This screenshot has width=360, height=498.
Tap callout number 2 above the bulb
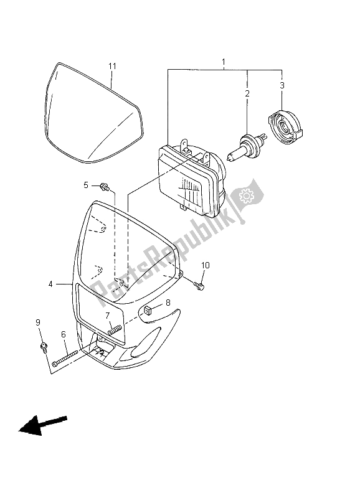247,93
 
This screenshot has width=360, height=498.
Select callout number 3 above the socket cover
282,85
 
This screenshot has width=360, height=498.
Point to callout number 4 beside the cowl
50,284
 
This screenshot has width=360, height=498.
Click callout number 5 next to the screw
87,185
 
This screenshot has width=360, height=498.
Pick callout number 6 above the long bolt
64,334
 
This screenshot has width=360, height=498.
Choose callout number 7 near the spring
107,315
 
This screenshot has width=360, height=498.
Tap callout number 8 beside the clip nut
167,303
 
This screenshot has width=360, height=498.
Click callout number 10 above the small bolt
205,265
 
